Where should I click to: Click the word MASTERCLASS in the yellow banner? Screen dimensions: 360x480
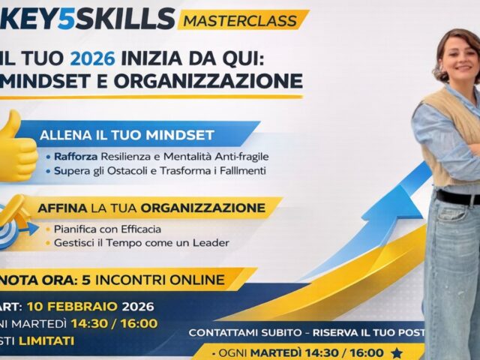point(243,19)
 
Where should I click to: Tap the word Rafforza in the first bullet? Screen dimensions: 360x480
point(77,156)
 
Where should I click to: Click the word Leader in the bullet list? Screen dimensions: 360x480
point(211,242)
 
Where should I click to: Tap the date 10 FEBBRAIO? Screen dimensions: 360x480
point(73,306)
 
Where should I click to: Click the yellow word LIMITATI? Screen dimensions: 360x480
point(49,340)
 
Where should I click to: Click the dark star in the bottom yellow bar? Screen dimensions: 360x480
point(397,352)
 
